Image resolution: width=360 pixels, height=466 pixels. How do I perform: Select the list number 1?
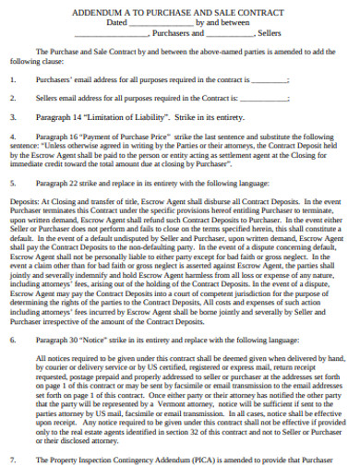(12, 79)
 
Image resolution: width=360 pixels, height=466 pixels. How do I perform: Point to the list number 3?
(12, 117)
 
